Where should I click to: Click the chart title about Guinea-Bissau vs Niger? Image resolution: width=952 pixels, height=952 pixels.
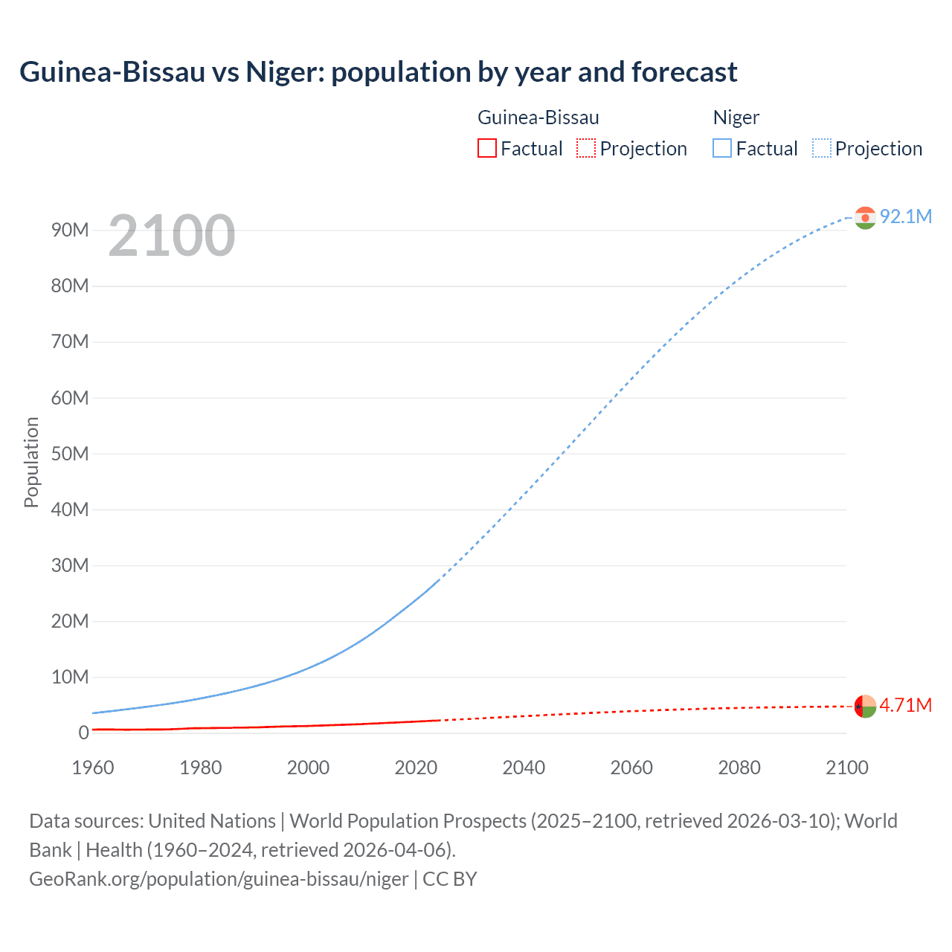coord(378,72)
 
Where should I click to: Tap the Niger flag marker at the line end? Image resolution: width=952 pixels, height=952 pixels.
coord(865,217)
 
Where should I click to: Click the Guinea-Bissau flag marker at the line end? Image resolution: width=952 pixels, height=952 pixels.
coord(865,706)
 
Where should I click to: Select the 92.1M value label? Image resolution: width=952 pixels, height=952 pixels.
coord(905,216)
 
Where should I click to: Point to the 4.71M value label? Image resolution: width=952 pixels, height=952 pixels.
coord(905,705)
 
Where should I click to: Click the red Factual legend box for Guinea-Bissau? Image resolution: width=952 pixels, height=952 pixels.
coord(486,149)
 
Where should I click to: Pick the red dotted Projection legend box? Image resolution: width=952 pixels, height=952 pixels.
coord(586,149)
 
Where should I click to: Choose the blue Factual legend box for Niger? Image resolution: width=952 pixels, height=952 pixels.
coord(721,149)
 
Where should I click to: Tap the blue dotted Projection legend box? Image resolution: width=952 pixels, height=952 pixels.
coord(822,149)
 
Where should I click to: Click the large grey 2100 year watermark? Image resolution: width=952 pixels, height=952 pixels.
coord(172,236)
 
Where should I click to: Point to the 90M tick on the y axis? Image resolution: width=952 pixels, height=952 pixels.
coord(70,230)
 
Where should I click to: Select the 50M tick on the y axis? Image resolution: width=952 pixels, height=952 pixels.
coord(70,454)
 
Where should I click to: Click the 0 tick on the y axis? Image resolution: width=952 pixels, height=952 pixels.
coord(83,733)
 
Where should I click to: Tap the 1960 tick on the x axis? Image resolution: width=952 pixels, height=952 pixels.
coord(93,768)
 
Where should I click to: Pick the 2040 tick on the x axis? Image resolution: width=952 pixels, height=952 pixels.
coord(524,768)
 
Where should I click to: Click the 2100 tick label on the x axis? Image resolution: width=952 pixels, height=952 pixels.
coord(846,768)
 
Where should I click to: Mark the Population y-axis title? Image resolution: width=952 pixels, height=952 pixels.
coord(31,462)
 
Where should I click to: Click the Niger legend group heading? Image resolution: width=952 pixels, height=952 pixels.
coord(736,118)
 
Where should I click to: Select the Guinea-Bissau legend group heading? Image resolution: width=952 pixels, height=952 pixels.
coord(538,118)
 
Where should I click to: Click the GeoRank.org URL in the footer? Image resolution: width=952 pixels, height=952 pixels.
coord(219,879)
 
